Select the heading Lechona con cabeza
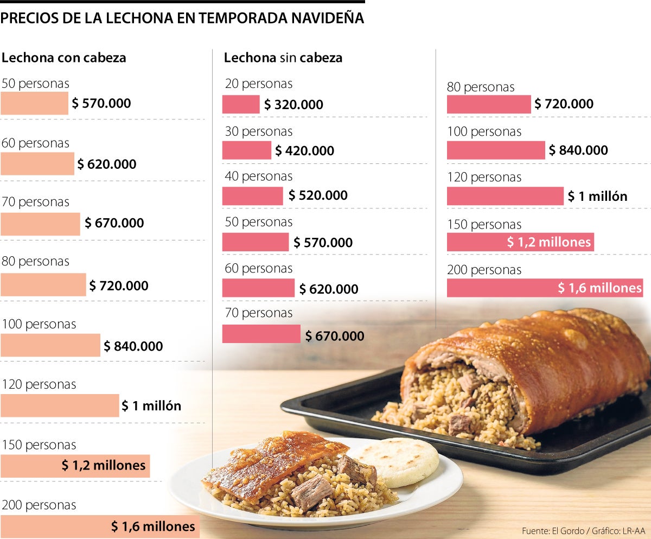click(64, 58)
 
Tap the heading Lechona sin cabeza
click(283, 58)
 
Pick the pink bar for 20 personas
click(241, 104)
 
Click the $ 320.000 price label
click(293, 105)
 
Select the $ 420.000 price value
click(304, 151)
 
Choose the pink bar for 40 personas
click(252, 196)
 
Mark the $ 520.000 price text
click(318, 195)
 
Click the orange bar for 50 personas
click(34, 103)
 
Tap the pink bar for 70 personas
click(261, 334)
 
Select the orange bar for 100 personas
click(50, 345)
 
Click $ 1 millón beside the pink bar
click(597, 196)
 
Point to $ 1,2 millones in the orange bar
click(103, 465)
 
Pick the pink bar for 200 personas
click(544, 288)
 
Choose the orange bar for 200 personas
click(99, 526)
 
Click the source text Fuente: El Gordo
click(552, 530)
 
